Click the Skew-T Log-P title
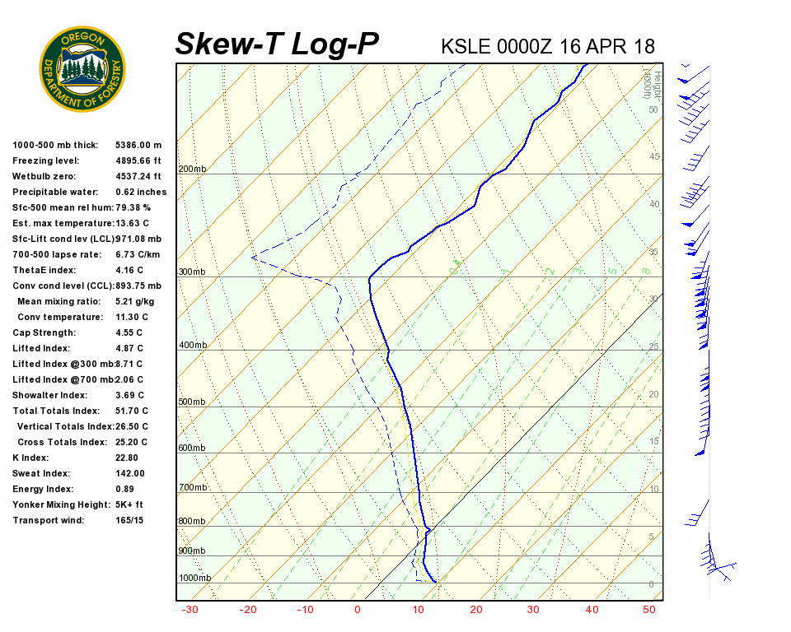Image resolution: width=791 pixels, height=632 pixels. click(x=277, y=44)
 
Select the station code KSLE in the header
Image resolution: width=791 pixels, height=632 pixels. click(x=466, y=46)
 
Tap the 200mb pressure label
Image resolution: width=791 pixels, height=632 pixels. click(x=192, y=170)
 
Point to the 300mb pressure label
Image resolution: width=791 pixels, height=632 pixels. click(x=192, y=272)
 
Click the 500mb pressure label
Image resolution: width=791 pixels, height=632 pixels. click(x=192, y=402)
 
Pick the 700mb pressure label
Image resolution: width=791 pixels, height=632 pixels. click(x=192, y=489)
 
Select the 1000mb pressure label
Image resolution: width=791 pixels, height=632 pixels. click(x=194, y=579)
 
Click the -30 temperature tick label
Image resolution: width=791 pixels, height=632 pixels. click(x=190, y=610)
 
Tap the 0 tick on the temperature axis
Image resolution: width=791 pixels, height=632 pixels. click(x=358, y=610)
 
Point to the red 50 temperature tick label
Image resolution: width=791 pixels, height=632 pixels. click(x=649, y=610)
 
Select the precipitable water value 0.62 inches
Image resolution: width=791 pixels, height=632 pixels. click(x=141, y=192)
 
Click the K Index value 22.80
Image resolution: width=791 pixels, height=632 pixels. click(x=128, y=458)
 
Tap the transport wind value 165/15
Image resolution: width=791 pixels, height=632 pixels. click(x=129, y=520)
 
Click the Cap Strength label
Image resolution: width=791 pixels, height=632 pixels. click(x=44, y=332)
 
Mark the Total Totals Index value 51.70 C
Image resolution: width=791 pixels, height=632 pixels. click(x=132, y=411)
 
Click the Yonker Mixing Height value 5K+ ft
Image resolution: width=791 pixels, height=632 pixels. click(x=129, y=504)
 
